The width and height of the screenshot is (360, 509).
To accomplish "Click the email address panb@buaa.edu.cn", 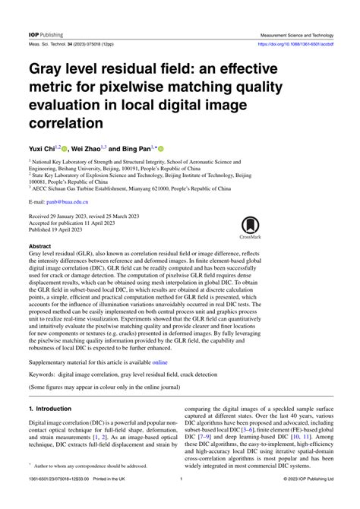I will [x=68, y=202].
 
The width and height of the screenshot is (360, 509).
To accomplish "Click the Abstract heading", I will [x=41, y=247].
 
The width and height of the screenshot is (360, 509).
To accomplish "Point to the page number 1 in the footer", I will [x=181, y=500].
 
